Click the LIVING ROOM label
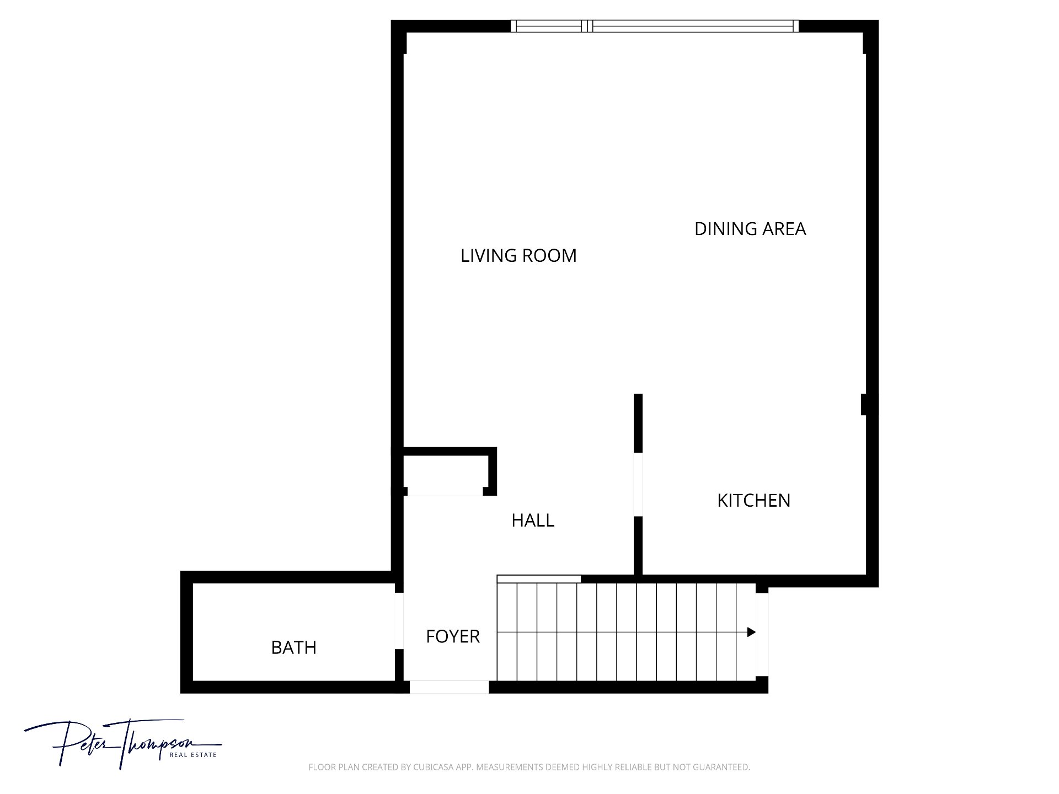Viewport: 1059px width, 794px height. pos(518,256)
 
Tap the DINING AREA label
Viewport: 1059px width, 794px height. pos(750,229)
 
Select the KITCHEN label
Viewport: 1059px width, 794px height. pos(753,501)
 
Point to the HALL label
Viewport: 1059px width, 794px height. pos(533,521)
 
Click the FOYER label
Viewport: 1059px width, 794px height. pos(453,637)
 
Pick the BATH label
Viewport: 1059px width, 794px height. pos(294,647)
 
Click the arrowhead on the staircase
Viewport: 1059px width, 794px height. pos(751,632)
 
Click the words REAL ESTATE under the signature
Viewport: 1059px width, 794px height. pos(192,755)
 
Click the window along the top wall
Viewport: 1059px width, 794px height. pos(654,26)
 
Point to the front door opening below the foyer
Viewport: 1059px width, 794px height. pos(449,687)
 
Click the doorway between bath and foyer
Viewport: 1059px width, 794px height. pos(399,621)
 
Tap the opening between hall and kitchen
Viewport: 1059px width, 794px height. pos(638,485)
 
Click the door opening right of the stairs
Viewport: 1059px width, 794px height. pos(762,635)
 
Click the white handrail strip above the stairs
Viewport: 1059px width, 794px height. pos(539,579)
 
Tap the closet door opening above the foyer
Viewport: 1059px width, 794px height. pos(445,492)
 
